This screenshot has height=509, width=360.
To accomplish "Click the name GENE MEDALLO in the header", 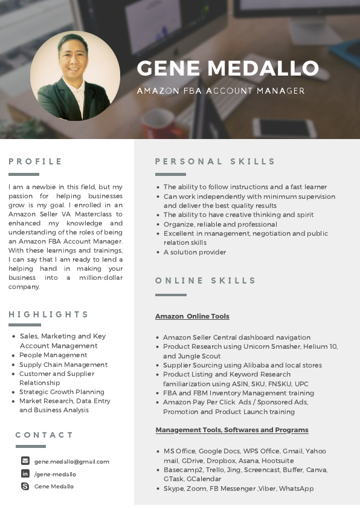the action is point(228,68).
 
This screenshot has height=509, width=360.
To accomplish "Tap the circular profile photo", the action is point(75,76).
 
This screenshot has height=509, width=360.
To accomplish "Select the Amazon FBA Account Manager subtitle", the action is point(220,91).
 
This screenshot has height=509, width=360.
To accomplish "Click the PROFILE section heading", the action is point(36,161).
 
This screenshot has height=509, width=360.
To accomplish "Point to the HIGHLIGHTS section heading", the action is point(49,314).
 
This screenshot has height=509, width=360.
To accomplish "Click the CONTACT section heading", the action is point(45,435).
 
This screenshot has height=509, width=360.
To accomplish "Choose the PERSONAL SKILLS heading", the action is point(215,161).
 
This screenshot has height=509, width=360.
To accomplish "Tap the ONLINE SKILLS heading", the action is point(206,280).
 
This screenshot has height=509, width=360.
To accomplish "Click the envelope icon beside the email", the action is point(25,461).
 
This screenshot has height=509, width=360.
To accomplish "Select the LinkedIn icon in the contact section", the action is point(25,473).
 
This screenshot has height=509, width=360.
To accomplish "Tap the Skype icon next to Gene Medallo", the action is point(25,486).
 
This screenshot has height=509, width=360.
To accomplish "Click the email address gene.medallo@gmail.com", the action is point(72,461).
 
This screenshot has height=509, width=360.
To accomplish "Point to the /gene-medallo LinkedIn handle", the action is point(55,474).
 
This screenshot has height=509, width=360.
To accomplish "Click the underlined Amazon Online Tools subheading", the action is point(192,316).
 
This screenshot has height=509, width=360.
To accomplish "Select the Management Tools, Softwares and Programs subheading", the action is point(232,430).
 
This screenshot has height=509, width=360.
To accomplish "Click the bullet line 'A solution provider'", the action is point(194,252).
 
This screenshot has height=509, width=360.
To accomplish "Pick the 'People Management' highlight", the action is point(53,355).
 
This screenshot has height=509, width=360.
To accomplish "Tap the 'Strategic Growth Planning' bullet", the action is point(62,392).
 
